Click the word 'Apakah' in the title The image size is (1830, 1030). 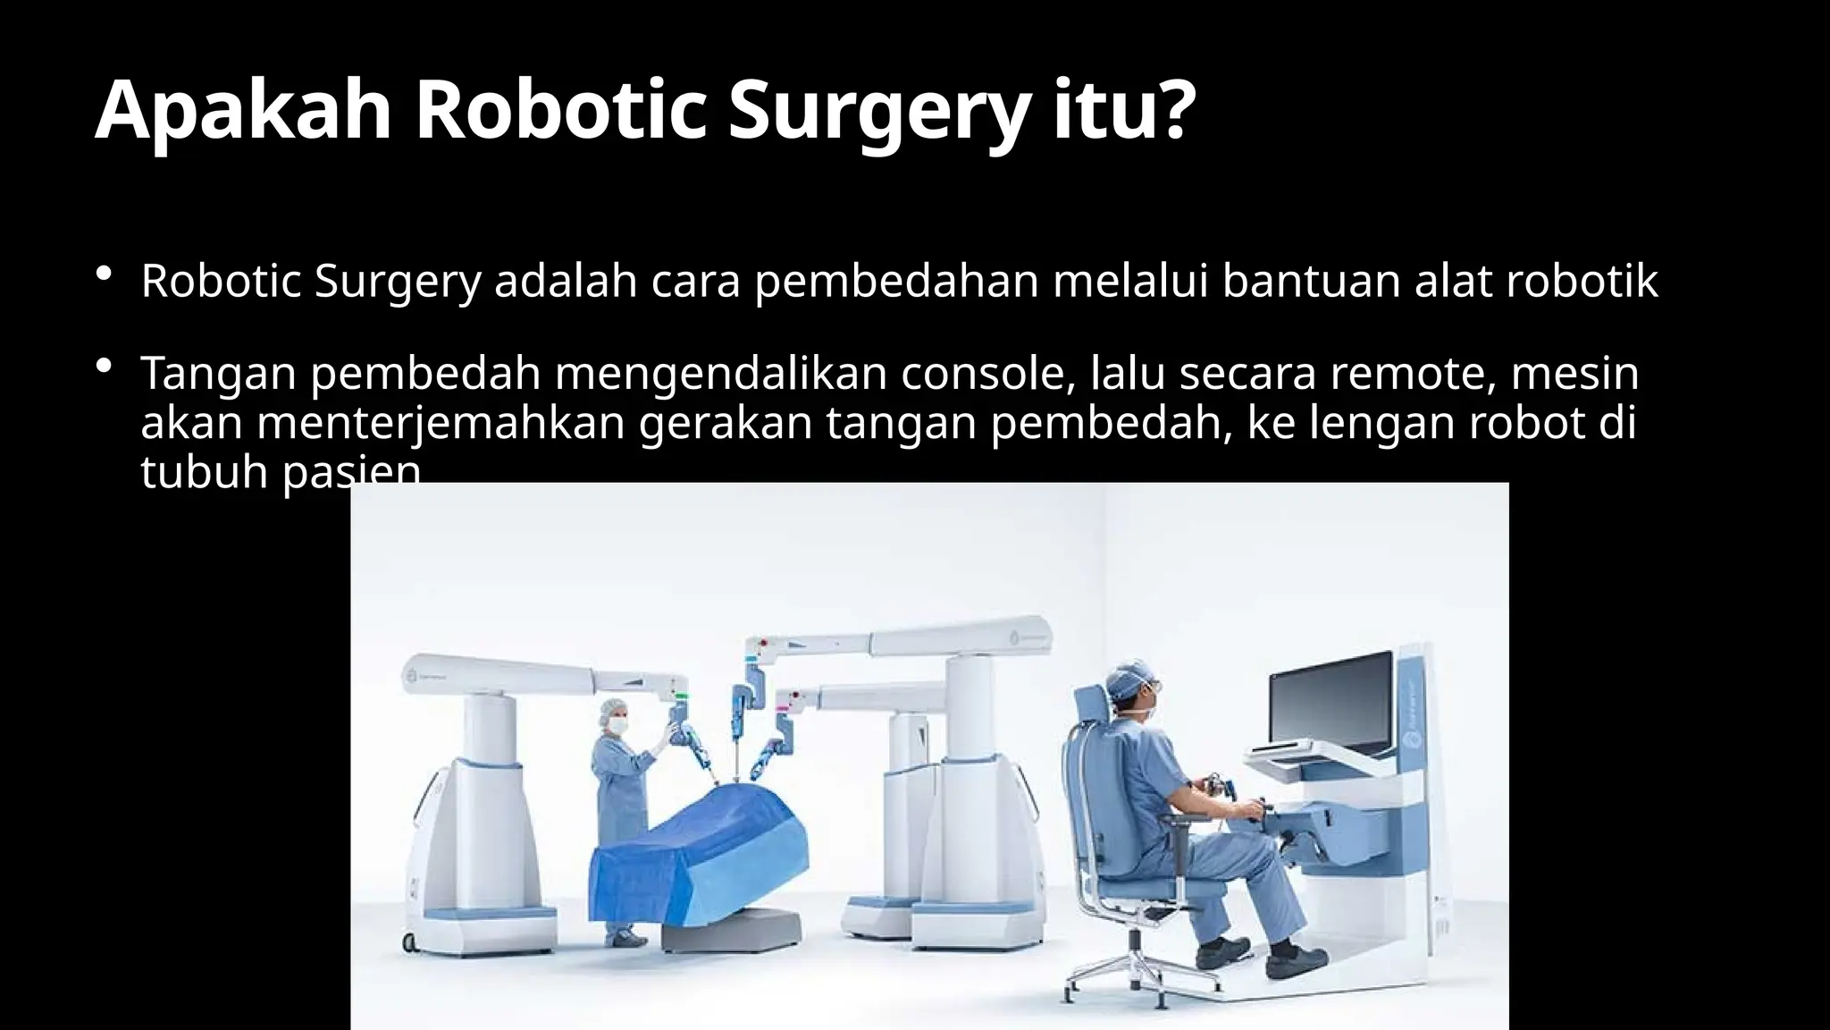[242, 111]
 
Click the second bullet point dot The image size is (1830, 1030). [105, 367]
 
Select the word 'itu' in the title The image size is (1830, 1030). [1101, 111]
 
